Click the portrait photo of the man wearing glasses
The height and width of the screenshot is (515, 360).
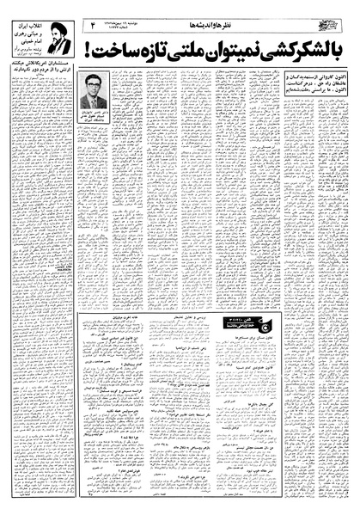click(92, 89)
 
